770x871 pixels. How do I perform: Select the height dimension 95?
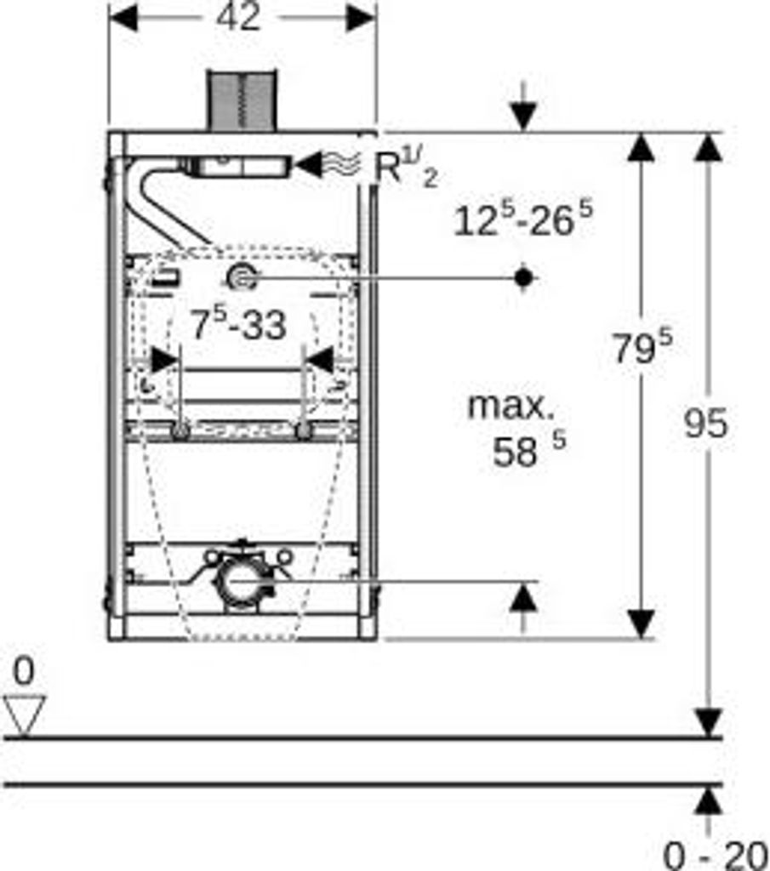click(x=706, y=423)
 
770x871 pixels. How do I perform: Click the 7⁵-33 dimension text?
click(x=237, y=324)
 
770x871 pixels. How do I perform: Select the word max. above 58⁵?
click(x=510, y=406)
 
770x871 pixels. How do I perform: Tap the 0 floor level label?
click(x=24, y=672)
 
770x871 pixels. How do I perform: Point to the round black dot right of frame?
click(x=523, y=276)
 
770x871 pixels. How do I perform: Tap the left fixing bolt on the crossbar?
click(x=180, y=430)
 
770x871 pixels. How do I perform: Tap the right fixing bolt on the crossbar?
click(x=303, y=430)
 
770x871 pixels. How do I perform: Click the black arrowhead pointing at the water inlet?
click(x=311, y=164)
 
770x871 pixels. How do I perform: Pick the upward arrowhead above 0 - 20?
click(x=706, y=801)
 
